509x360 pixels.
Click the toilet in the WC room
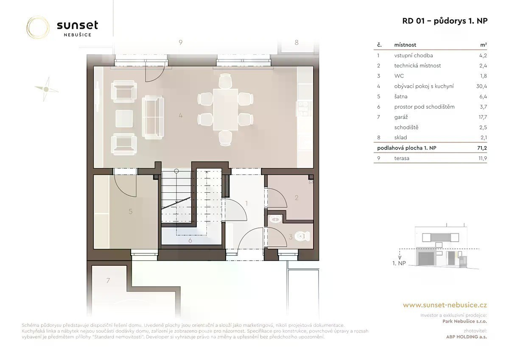(x=302, y=236)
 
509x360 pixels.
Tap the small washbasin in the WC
(x=275, y=219)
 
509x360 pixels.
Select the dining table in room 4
(x=225, y=110)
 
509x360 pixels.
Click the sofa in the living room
(x=153, y=117)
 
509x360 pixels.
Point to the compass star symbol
(x=46, y=89)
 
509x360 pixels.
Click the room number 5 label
(x=131, y=211)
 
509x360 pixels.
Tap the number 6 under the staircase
(x=190, y=240)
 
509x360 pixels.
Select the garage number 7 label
(x=108, y=281)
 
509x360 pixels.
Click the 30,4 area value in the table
(x=481, y=86)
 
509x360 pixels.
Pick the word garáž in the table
(x=401, y=117)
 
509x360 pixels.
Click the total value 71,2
(x=482, y=148)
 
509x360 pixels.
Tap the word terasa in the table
(x=402, y=158)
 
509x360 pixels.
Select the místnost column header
(x=405, y=45)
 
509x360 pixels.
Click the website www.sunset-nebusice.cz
(x=445, y=305)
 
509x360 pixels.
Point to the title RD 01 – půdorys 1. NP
(x=445, y=21)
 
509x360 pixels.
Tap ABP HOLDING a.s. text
(x=467, y=337)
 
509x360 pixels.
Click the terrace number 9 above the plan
(x=181, y=42)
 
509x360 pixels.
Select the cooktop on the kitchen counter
(x=303, y=109)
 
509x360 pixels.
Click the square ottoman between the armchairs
(x=124, y=118)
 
